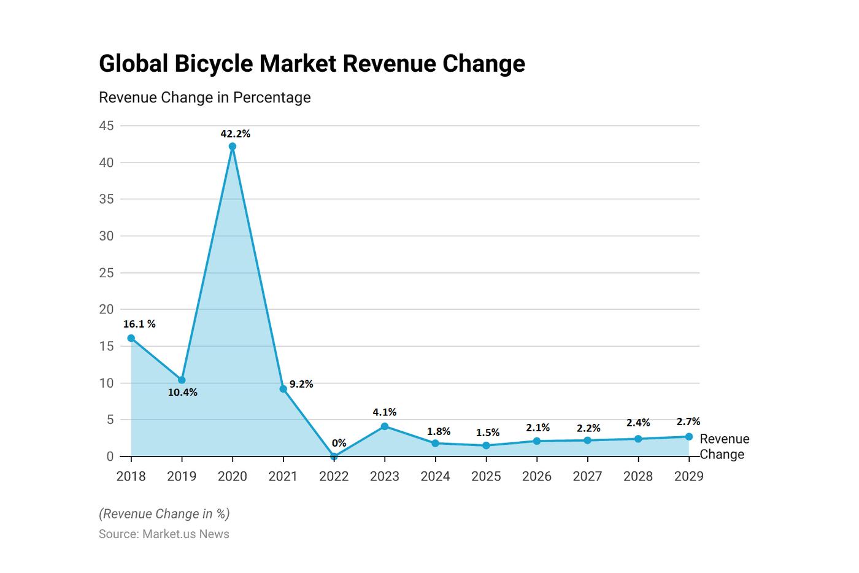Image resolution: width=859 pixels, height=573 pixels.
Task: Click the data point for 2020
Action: [x=233, y=147]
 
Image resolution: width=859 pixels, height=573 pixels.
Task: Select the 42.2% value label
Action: [x=236, y=134]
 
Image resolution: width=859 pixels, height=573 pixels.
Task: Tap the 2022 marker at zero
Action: [x=334, y=456]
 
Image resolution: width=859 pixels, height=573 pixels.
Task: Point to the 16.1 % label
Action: [x=139, y=324]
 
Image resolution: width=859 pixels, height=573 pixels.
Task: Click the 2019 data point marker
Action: [x=182, y=380]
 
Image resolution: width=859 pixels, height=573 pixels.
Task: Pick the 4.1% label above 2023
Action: [x=385, y=412]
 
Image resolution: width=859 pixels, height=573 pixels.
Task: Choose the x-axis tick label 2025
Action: [x=486, y=476]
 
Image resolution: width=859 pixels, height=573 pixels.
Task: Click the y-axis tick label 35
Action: [x=107, y=199]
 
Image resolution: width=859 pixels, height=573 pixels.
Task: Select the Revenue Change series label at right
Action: [x=724, y=447]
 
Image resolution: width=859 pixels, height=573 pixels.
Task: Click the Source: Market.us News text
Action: [x=164, y=534]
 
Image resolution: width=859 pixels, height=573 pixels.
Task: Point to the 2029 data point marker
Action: [x=688, y=437]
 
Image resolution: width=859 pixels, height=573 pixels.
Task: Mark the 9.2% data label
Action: [x=301, y=384]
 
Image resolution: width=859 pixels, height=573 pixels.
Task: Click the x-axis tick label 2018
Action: [x=131, y=476]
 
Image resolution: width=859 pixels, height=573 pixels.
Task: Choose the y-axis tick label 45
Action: [x=107, y=126]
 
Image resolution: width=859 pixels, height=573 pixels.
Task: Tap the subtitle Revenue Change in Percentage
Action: [x=204, y=98]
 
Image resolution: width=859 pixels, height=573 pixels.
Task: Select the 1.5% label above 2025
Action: [x=488, y=433]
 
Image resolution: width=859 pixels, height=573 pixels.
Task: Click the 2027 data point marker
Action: [x=587, y=440]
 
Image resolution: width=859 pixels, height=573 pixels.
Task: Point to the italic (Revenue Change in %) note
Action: [x=164, y=513]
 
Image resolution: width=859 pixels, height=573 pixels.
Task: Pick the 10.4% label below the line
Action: [x=183, y=393]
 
